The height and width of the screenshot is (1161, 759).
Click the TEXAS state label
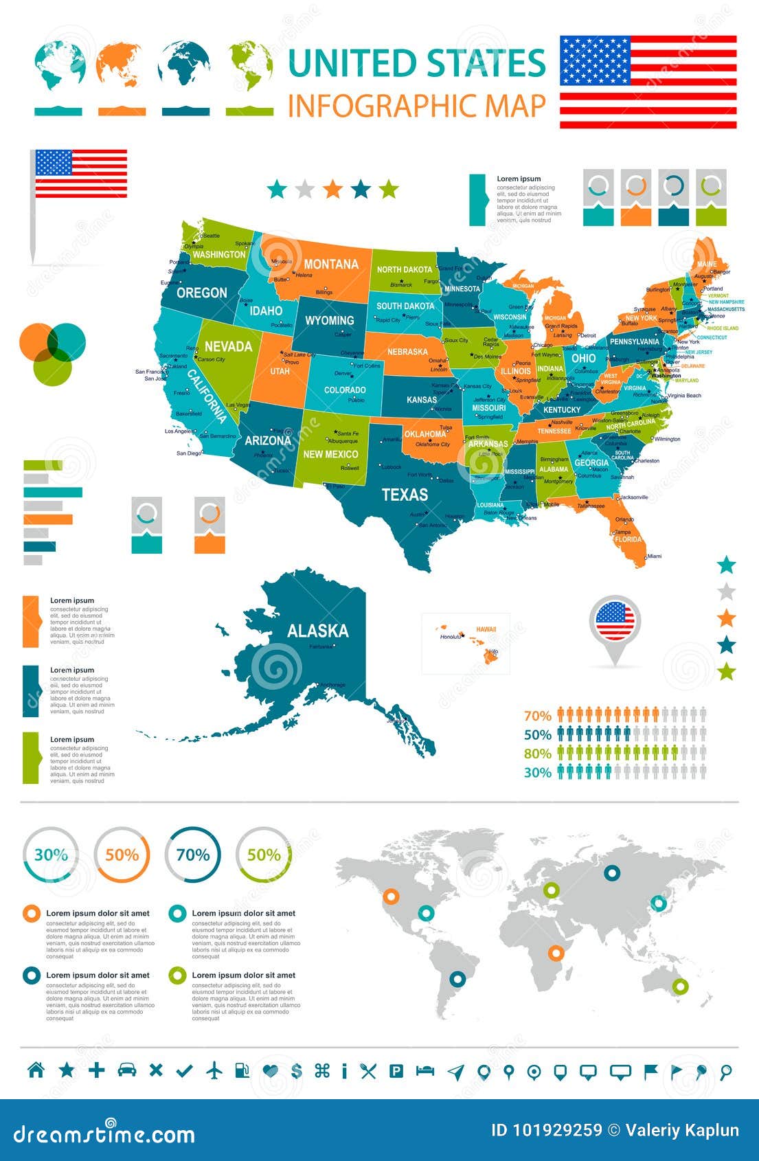pos(405,495)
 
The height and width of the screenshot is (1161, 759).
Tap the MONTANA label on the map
pos(331,264)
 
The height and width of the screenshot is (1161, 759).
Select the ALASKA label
pos(317,631)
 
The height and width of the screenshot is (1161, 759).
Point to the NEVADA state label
pos(228,346)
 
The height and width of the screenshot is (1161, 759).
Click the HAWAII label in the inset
pos(486,629)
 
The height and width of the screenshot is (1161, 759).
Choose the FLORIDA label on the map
pos(628,539)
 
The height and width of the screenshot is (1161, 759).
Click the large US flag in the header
pos(648,82)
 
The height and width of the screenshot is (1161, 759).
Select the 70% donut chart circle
pos(193,855)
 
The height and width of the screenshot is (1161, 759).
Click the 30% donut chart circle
pos(51,855)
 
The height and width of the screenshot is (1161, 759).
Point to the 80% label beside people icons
pos(538,754)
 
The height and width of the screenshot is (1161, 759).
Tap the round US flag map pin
pos(614,621)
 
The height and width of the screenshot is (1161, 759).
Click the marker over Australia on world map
pos(680,987)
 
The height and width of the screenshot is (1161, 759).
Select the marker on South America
pos(457,978)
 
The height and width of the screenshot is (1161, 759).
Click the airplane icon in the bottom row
pos(215,1070)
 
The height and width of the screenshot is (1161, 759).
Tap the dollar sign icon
pos(297,1070)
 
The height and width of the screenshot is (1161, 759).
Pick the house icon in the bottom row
pos(36,1070)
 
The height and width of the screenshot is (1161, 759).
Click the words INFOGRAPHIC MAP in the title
pos(417,106)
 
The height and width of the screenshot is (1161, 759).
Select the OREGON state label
pos(201,293)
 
